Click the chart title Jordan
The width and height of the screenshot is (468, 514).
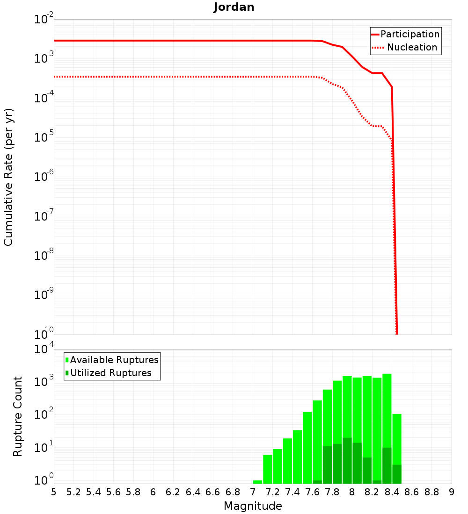pyautogui.click(x=234, y=7)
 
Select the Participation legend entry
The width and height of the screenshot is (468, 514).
pyautogui.click(x=409, y=34)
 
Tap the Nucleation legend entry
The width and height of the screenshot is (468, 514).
pyautogui.click(x=411, y=47)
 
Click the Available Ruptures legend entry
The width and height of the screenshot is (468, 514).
pyautogui.click(x=114, y=360)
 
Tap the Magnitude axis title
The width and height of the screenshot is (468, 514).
pyautogui.click(x=253, y=506)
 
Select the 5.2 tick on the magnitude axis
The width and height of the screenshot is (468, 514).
pyautogui.click(x=74, y=492)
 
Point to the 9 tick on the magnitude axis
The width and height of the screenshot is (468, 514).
pyautogui.click(x=452, y=492)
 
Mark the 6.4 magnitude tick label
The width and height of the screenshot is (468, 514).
pyautogui.click(x=193, y=492)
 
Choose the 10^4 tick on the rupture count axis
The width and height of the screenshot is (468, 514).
pyautogui.click(x=44, y=350)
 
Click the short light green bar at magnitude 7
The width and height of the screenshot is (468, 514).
pyautogui.click(x=257, y=482)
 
